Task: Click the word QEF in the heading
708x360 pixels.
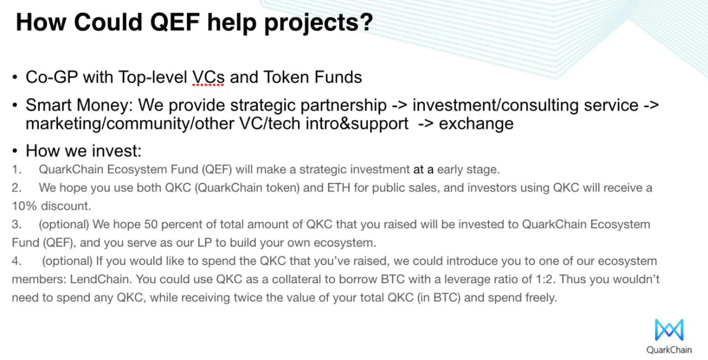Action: pos(175,23)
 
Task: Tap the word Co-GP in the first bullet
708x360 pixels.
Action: pos(52,77)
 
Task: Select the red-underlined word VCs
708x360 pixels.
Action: pos(209,77)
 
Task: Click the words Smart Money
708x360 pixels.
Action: pos(77,105)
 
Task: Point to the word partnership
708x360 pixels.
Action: pos(343,106)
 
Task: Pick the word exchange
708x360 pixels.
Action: pos(476,124)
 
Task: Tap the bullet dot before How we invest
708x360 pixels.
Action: pos(14,151)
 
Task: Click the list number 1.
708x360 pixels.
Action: pos(17,170)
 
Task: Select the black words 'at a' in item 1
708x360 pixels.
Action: pos(423,170)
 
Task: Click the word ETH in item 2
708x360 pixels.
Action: pos(339,188)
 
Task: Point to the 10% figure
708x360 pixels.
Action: pos(24,206)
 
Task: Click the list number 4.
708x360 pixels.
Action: pos(17,261)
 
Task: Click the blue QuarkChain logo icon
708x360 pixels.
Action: pos(669,330)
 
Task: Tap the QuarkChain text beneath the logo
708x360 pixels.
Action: pos(669,350)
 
